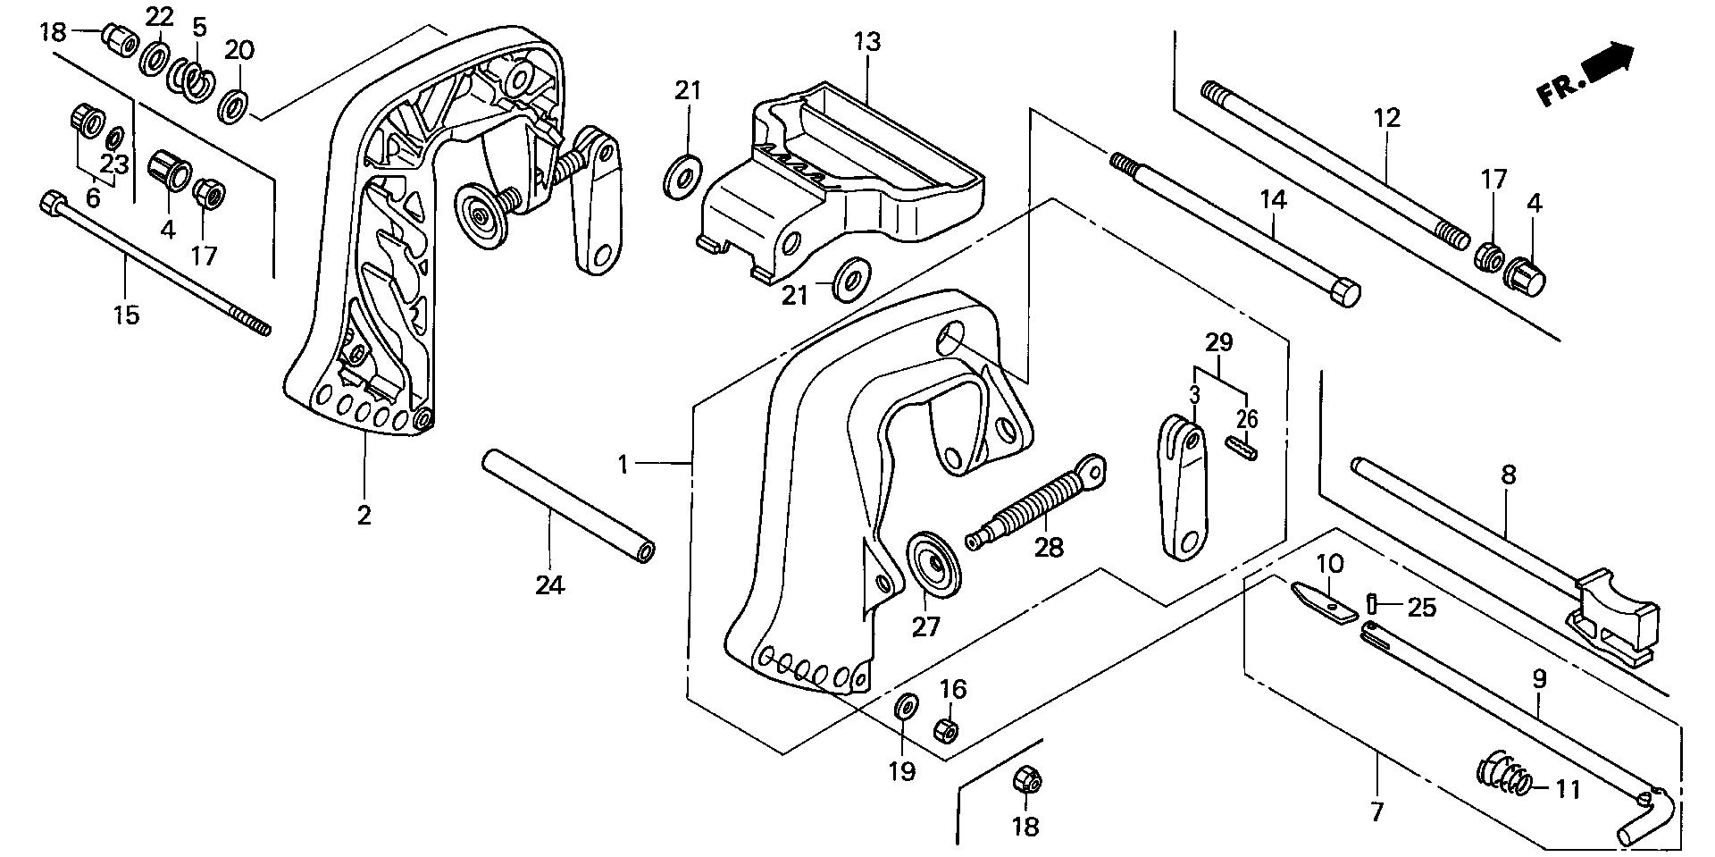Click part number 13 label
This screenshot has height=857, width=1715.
click(x=866, y=42)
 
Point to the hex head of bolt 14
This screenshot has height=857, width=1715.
click(x=1345, y=293)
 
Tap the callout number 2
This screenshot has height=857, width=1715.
click(x=364, y=516)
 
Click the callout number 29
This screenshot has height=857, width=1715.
click(x=1219, y=342)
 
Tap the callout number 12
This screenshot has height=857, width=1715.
click(x=1387, y=118)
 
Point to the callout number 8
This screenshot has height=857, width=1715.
click(x=1508, y=475)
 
